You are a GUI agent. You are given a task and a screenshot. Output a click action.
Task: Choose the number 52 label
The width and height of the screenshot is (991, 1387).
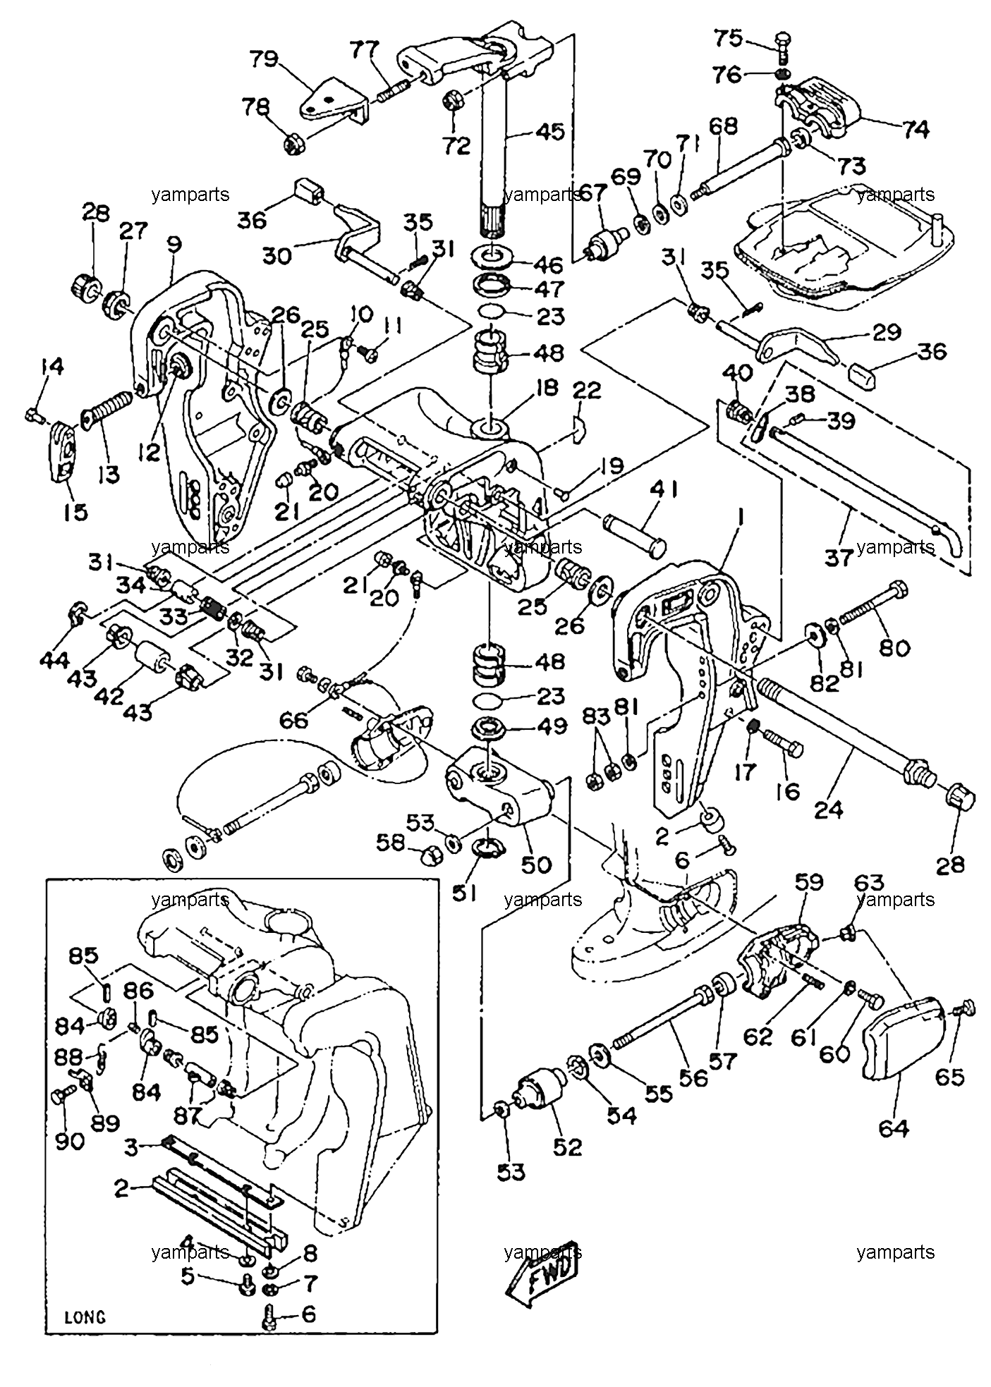pyautogui.click(x=568, y=1147)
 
